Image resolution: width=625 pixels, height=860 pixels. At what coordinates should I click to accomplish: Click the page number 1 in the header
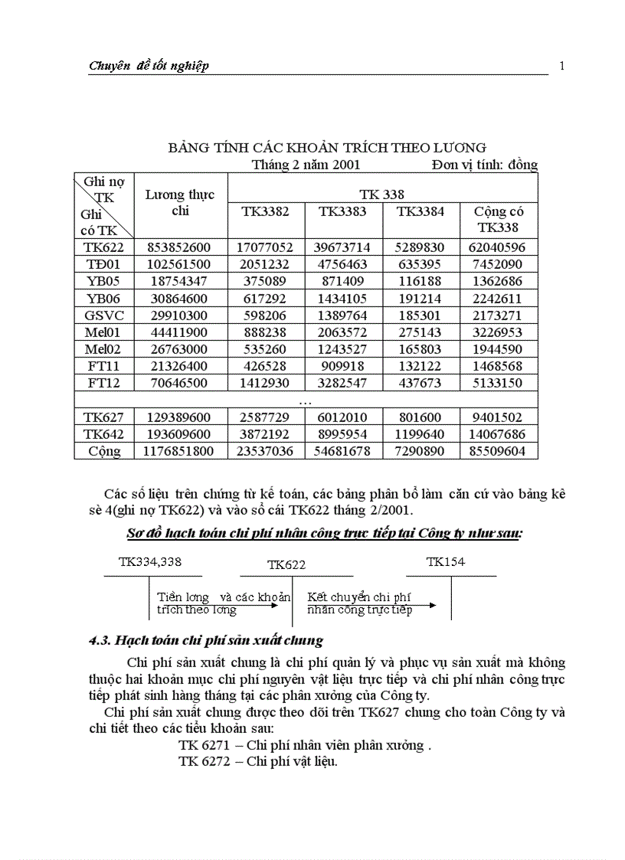(x=562, y=66)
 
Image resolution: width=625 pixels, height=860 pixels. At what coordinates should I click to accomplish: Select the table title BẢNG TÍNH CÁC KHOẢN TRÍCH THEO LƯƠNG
(x=327, y=147)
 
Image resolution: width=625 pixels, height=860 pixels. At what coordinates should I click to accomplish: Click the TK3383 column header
(x=342, y=211)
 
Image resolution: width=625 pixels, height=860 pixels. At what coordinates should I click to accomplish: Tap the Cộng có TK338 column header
(x=499, y=219)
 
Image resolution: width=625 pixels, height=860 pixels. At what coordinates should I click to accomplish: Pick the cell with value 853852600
(x=180, y=247)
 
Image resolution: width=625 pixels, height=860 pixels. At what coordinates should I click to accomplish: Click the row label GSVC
(x=104, y=315)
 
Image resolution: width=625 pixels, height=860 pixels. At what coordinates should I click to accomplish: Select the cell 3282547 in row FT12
(x=342, y=382)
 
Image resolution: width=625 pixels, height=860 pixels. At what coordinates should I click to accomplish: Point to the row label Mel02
(x=104, y=348)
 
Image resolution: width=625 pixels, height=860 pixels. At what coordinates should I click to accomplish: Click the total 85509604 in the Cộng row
(x=499, y=451)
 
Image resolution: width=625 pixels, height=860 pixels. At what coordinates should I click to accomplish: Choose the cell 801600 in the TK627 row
(x=420, y=417)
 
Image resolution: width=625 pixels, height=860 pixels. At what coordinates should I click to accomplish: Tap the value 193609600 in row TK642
(x=180, y=434)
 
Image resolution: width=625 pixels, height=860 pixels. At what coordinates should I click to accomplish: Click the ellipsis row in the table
(x=306, y=401)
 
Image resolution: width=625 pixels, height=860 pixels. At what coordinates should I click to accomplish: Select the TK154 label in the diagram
(x=445, y=562)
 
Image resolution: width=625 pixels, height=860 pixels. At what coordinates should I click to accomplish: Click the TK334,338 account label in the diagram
(x=150, y=562)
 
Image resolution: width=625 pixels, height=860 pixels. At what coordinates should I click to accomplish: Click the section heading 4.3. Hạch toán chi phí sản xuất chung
(x=205, y=640)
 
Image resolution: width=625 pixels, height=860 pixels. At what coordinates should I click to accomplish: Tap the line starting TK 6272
(x=258, y=762)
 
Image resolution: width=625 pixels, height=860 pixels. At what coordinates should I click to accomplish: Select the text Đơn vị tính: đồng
(x=484, y=164)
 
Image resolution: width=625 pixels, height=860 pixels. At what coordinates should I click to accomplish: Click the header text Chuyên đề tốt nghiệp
(x=149, y=66)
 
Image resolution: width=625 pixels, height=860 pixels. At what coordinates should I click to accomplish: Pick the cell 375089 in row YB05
(x=266, y=281)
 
